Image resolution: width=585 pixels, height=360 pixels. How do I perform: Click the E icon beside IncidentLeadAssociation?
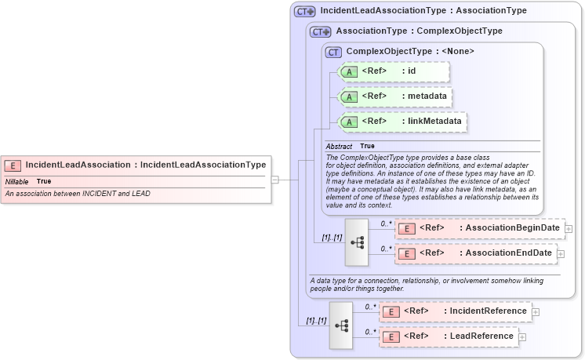click(13, 165)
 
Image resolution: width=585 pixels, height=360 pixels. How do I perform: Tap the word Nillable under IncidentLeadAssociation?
click(16, 181)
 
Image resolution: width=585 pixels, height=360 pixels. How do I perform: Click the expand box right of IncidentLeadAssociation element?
click(274, 180)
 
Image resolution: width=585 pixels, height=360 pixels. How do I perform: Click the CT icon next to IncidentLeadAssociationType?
click(304, 12)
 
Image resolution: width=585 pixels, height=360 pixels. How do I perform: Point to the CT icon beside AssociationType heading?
click(321, 31)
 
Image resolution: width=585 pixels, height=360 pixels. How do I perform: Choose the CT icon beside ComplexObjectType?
click(334, 52)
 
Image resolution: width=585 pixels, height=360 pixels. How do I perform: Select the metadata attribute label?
click(428, 96)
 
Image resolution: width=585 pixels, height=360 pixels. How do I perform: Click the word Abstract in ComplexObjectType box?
click(339, 146)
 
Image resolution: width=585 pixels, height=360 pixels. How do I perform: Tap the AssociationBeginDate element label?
click(513, 228)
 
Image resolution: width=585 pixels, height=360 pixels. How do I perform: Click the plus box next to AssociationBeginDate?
click(569, 229)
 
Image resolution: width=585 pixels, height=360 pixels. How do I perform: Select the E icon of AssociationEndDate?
click(406, 253)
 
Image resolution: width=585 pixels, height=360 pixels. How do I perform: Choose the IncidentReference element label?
click(488, 311)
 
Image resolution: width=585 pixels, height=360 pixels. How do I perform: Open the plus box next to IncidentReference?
click(536, 312)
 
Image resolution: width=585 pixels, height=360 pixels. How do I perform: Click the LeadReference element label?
click(481, 336)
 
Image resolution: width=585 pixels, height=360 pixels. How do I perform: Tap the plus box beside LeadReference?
click(522, 337)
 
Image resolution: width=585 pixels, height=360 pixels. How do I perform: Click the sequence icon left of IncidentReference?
click(341, 324)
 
